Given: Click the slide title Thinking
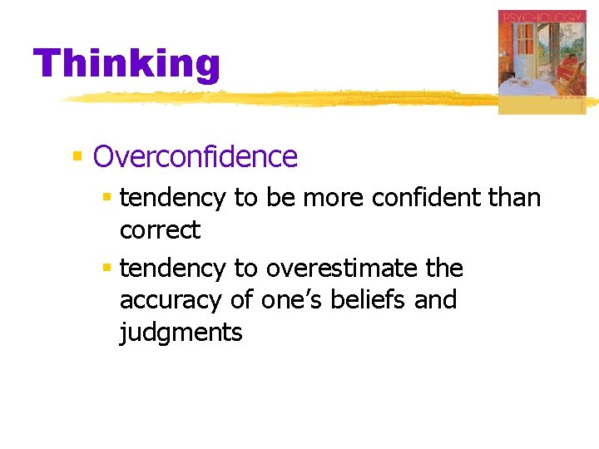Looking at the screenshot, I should tap(126, 64).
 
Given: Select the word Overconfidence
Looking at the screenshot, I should tap(195, 156).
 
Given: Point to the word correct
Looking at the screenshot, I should tap(160, 229).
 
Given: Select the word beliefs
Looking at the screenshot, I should tap(365, 299).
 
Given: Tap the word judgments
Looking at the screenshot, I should tap(181, 333).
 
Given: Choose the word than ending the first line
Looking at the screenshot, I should tap(514, 198).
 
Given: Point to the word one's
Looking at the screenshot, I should tap(285, 299).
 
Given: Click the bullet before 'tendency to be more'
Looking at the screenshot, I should tap(106, 198).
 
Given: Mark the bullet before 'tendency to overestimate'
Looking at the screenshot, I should tap(106, 269).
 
